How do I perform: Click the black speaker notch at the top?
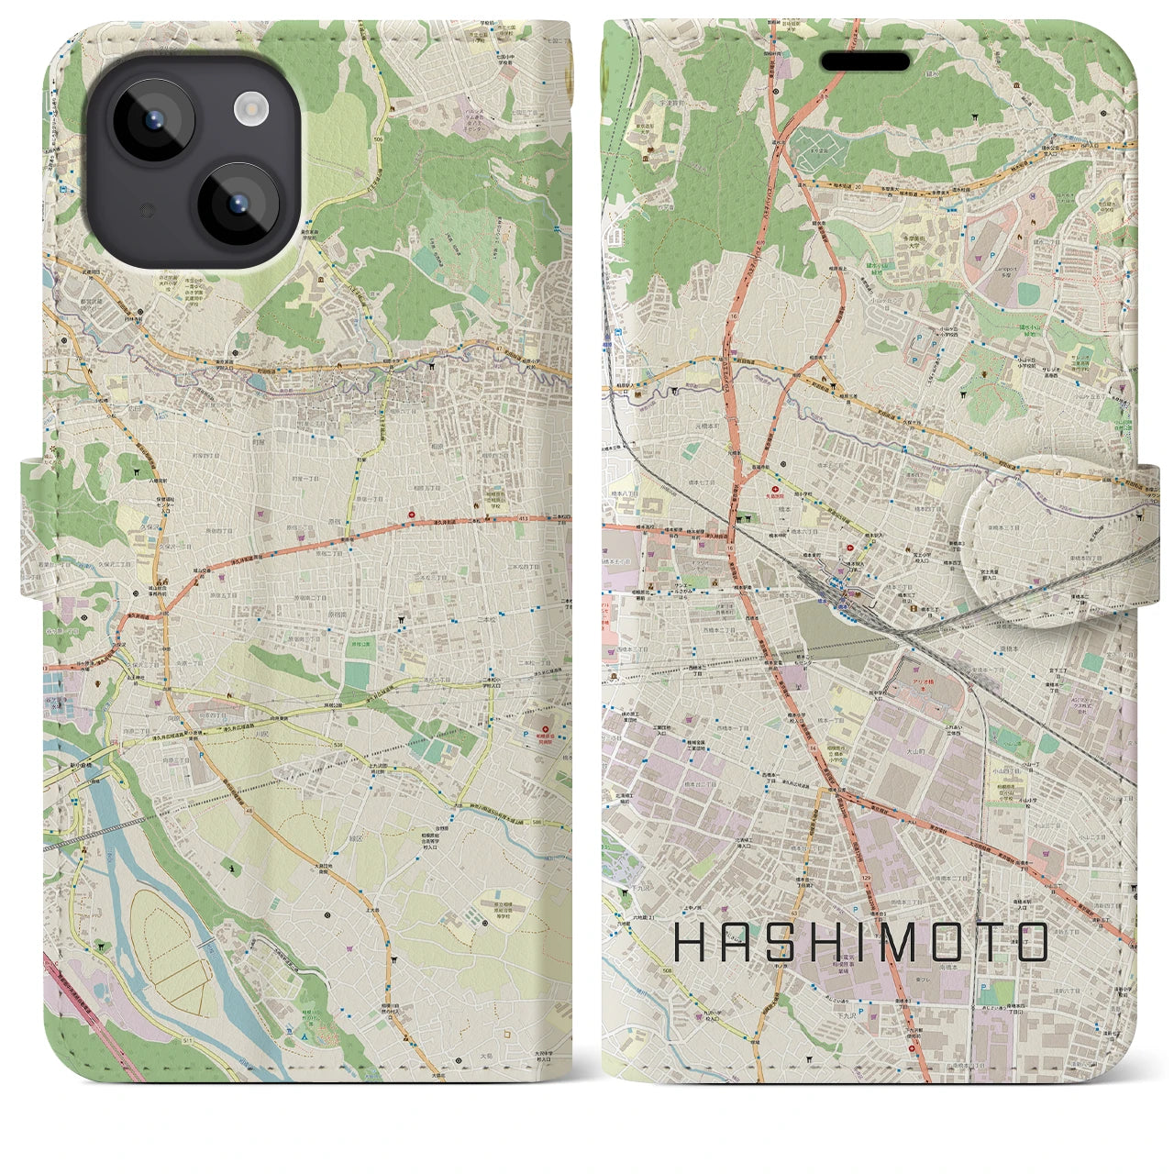(864, 61)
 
